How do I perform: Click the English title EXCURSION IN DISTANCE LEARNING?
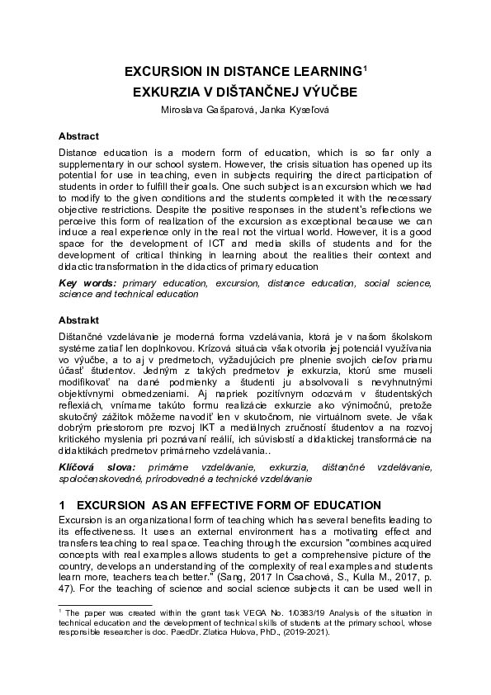point(242,73)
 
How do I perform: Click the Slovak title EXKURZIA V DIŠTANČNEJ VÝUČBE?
point(245,92)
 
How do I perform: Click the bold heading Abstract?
point(78,135)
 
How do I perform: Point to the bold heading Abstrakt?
point(78,319)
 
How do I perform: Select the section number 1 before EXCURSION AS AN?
point(62,504)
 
